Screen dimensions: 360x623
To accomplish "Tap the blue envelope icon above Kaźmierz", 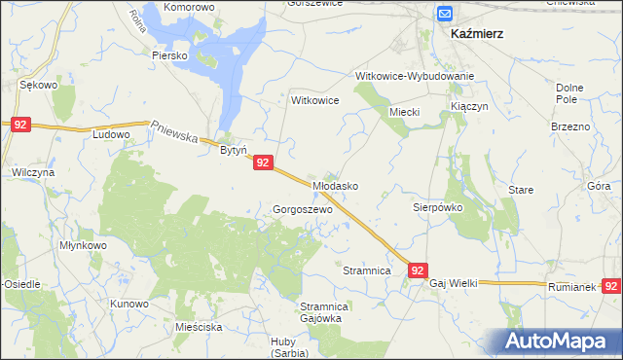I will click(445, 14).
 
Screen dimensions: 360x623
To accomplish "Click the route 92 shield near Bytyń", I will click(264, 164).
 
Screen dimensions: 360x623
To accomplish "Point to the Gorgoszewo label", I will click(303, 209).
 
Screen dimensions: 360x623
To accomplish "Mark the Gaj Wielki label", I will click(454, 283).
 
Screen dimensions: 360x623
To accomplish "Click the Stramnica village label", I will click(367, 269).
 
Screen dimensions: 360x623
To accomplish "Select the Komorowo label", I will click(189, 7).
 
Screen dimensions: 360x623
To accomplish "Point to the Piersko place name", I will click(168, 55).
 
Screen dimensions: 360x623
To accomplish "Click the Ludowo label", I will click(111, 134).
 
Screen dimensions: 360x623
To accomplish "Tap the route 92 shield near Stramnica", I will click(418, 270).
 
